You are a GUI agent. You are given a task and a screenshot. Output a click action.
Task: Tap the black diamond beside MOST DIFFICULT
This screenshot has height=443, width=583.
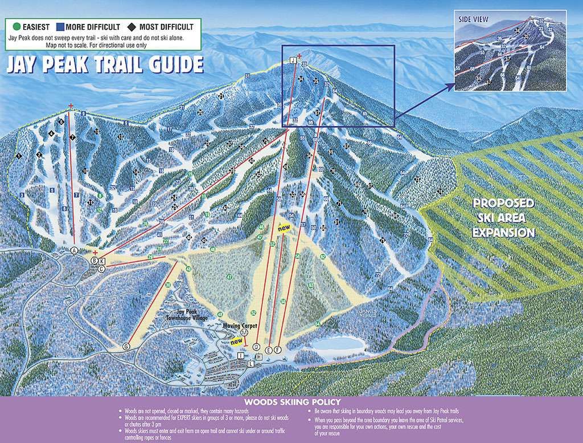(130, 27)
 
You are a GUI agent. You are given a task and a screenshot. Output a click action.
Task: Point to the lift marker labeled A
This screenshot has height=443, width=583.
(73, 250)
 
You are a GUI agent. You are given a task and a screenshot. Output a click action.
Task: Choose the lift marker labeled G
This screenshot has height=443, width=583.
(126, 346)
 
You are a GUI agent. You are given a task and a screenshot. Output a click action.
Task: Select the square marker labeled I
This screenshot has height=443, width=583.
(241, 355)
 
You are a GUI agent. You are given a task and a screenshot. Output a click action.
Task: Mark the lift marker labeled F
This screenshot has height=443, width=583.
(278, 349)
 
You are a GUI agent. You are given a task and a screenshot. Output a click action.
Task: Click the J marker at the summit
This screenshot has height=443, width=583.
(293, 59)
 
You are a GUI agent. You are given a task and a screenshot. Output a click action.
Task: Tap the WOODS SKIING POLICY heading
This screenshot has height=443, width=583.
(291, 402)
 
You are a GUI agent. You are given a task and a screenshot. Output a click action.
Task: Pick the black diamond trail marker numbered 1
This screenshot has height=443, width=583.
(19, 155)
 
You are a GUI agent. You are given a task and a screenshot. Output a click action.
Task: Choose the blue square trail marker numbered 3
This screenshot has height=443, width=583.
(22, 195)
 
